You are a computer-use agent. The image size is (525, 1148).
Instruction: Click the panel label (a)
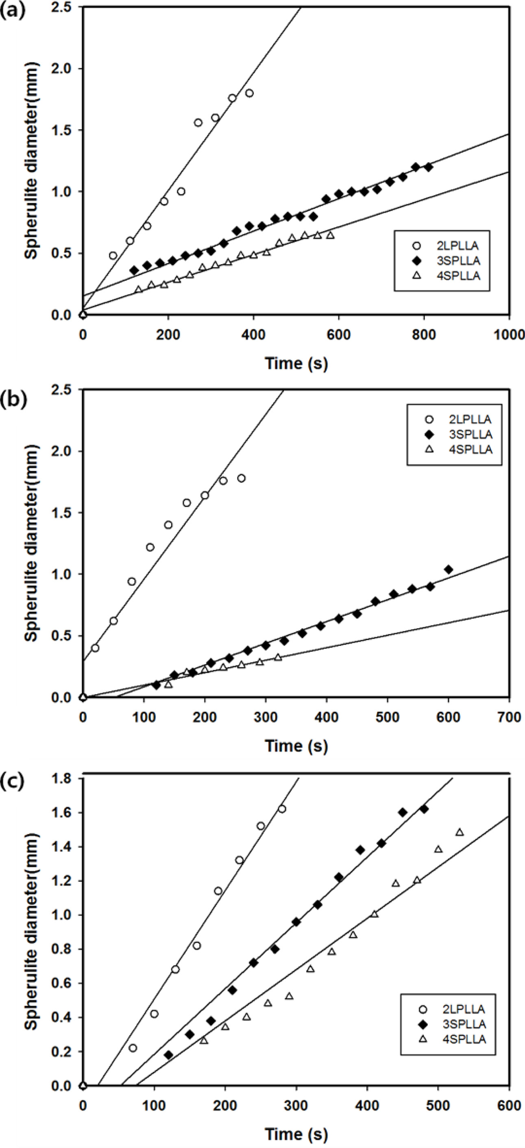click(13, 10)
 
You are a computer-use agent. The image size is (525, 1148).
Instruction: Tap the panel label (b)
click(13, 399)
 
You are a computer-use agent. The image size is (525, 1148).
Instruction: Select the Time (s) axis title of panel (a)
click(296, 363)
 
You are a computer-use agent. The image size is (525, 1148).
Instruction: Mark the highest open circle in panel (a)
click(249, 93)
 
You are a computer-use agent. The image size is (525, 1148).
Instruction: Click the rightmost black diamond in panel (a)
click(428, 167)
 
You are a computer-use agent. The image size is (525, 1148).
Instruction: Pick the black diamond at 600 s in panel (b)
click(449, 570)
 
